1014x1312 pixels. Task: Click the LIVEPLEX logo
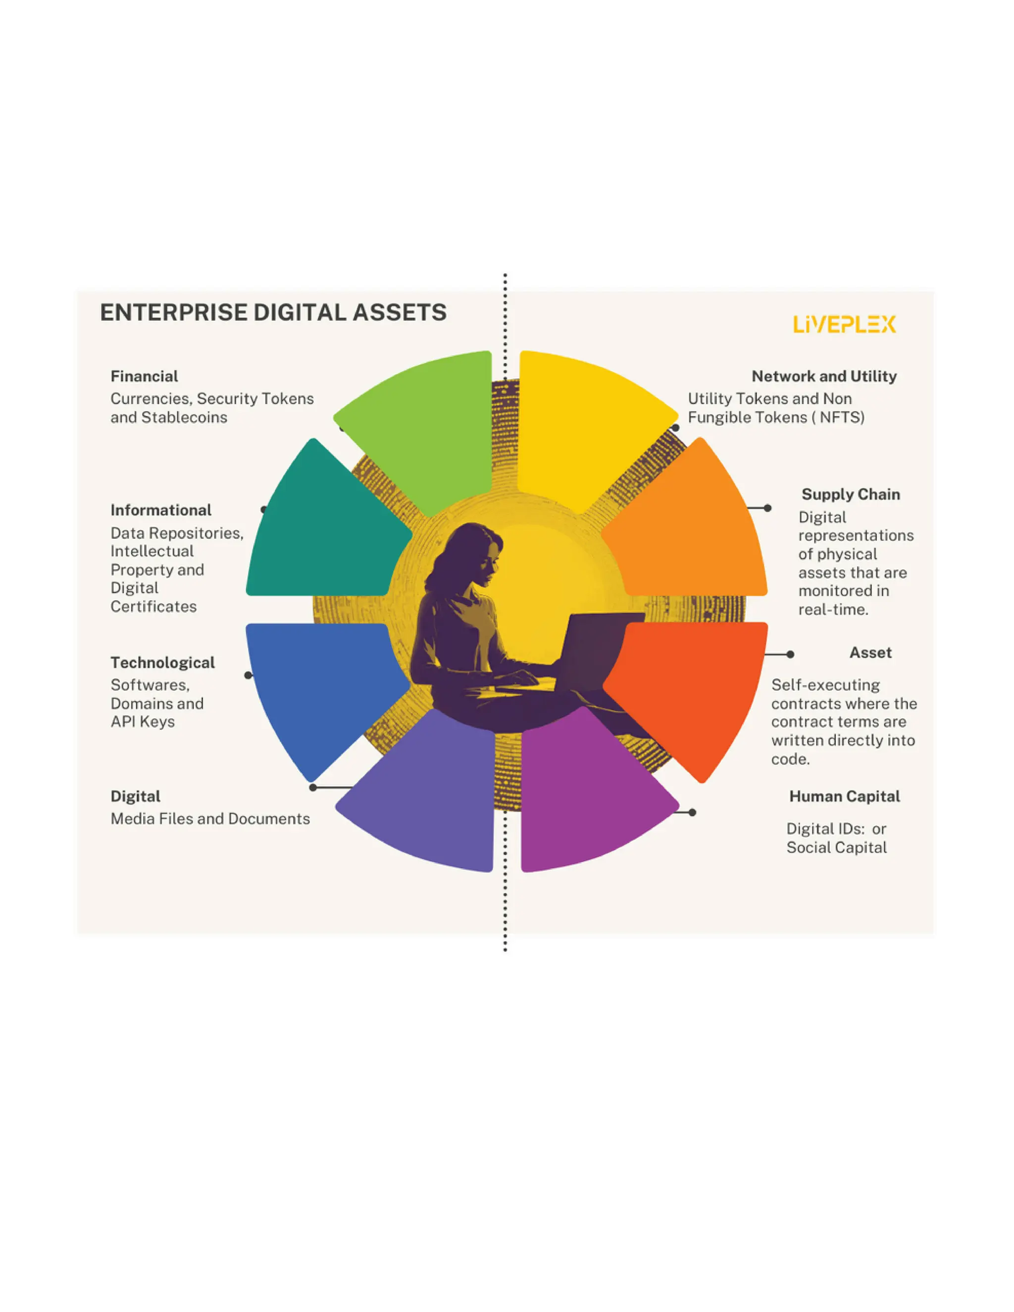[x=844, y=324]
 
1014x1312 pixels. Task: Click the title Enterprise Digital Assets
[x=273, y=312]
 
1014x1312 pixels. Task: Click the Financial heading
[x=144, y=377]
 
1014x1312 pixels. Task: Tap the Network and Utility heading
[x=824, y=377]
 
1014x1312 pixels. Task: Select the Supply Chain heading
[x=851, y=495]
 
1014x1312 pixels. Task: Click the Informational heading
[x=161, y=510]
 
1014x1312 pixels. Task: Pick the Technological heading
[x=162, y=662]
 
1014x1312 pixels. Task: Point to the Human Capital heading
[x=845, y=797]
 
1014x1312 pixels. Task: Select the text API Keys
[x=143, y=721]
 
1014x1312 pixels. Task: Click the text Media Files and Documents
[x=210, y=819]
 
